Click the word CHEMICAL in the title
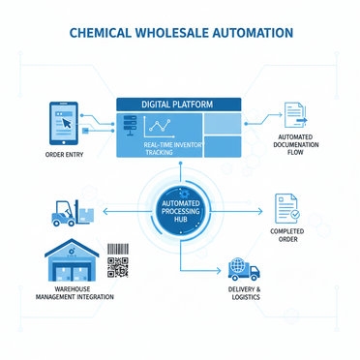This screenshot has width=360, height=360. [101, 33]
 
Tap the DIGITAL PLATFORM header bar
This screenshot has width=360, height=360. [178, 105]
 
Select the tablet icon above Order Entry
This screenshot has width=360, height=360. [64, 123]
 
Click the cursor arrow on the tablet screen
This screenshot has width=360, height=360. [67, 123]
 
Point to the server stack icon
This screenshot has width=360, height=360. [130, 126]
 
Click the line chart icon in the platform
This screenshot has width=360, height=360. [158, 127]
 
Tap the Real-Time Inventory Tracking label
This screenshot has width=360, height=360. [173, 148]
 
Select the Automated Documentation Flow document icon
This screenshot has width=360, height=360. [295, 115]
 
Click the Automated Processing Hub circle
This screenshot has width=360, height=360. [181, 212]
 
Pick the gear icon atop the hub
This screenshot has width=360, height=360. [184, 195]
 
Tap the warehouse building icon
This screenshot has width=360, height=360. [72, 260]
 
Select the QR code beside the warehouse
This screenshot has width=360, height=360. [118, 267]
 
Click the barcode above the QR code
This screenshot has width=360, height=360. [118, 249]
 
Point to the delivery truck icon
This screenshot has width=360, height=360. [244, 269]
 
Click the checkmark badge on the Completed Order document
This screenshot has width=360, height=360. [295, 214]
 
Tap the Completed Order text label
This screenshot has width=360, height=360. [287, 235]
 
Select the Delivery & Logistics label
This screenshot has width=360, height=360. [245, 293]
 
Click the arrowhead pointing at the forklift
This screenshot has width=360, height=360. [105, 212]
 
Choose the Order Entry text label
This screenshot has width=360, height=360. [64, 155]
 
